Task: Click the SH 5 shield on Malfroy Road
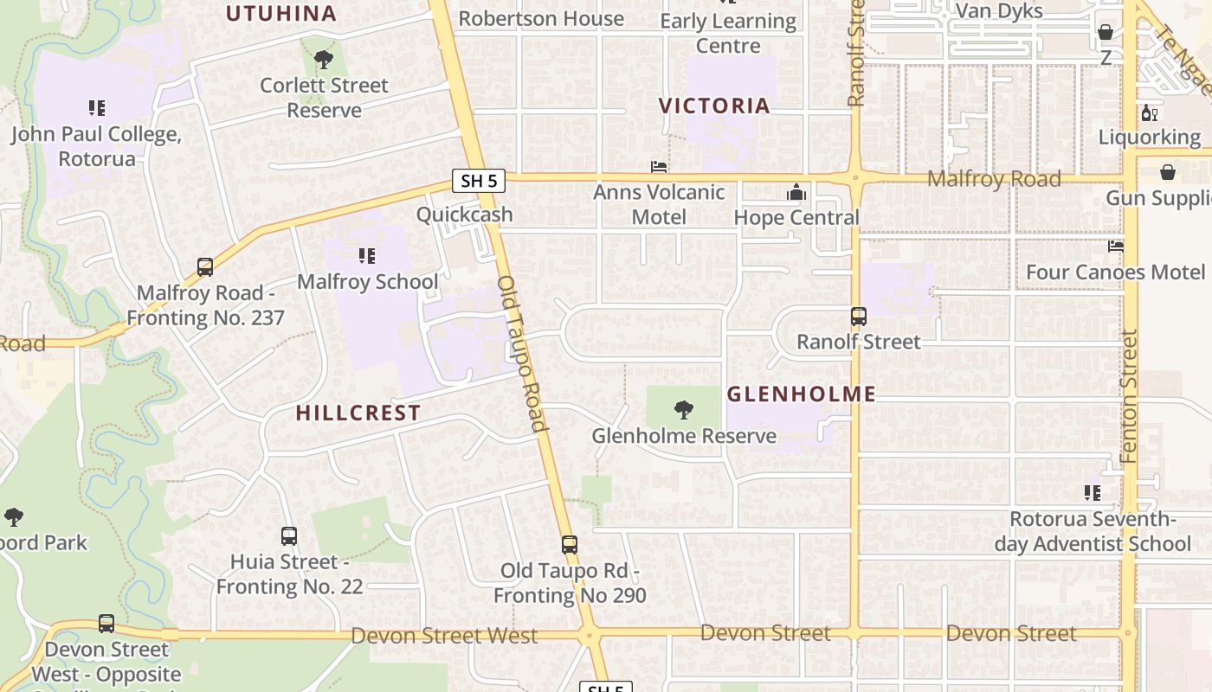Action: pos(479,181)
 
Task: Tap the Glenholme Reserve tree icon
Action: pos(684,409)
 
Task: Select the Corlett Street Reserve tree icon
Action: pos(324,60)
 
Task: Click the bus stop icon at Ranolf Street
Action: pos(858,317)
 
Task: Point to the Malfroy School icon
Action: pos(367,256)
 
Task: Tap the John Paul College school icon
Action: pos(97,108)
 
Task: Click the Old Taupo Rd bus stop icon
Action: pos(569,545)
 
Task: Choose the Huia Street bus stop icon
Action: pos(289,536)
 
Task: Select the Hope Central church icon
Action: pos(796,192)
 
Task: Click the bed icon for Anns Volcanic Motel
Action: pos(659,166)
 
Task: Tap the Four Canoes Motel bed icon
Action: pos(1116,247)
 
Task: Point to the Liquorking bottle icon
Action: pos(1150,112)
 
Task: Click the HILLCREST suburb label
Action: pos(358,413)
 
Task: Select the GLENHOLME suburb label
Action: pos(801,394)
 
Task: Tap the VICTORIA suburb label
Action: pos(714,106)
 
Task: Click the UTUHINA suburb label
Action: pos(281,13)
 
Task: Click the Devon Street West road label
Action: pos(444,636)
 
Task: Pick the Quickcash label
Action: pos(465,215)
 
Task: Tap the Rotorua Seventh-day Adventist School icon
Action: pos(1093,493)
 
